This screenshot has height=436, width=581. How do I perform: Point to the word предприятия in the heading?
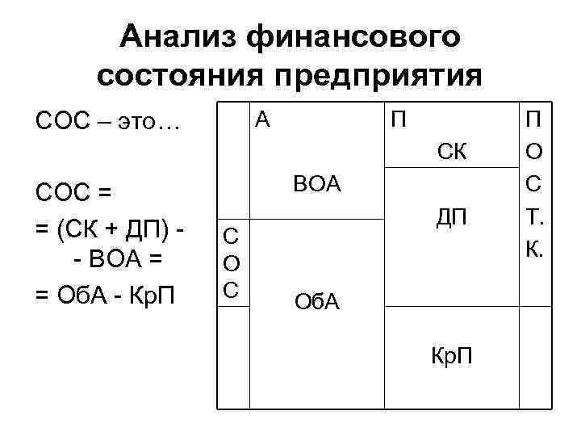[378, 76]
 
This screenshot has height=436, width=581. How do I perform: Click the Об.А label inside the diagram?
[317, 303]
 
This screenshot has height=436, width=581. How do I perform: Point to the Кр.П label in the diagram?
[453, 356]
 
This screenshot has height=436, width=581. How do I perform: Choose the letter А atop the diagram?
[261, 121]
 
